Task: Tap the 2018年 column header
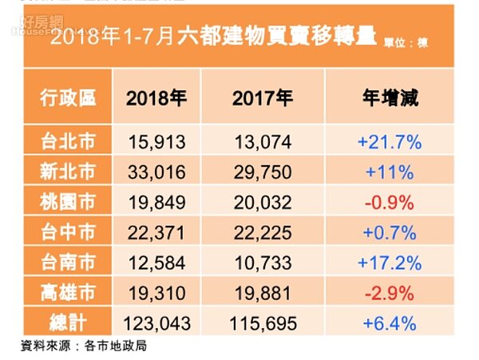click(x=156, y=99)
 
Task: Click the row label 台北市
click(x=68, y=142)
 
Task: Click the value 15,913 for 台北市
click(x=156, y=142)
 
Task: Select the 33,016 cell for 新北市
click(x=156, y=172)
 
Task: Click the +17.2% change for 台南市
click(x=390, y=262)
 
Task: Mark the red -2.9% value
click(x=390, y=293)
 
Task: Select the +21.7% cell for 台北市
click(x=390, y=142)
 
